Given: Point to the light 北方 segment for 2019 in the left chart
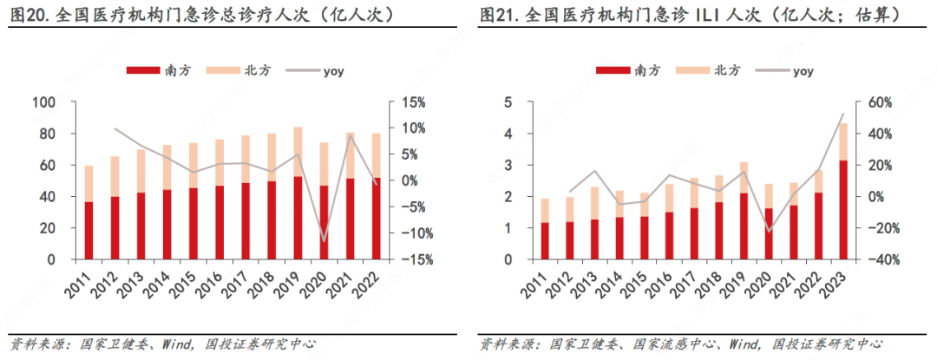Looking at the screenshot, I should click(x=298, y=152).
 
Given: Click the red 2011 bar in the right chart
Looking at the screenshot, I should click(x=545, y=241).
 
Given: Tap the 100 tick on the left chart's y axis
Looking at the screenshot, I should click(x=44, y=102).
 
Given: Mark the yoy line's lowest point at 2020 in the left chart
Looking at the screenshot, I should click(x=324, y=241).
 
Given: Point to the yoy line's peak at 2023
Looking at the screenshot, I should click(x=842, y=114).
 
